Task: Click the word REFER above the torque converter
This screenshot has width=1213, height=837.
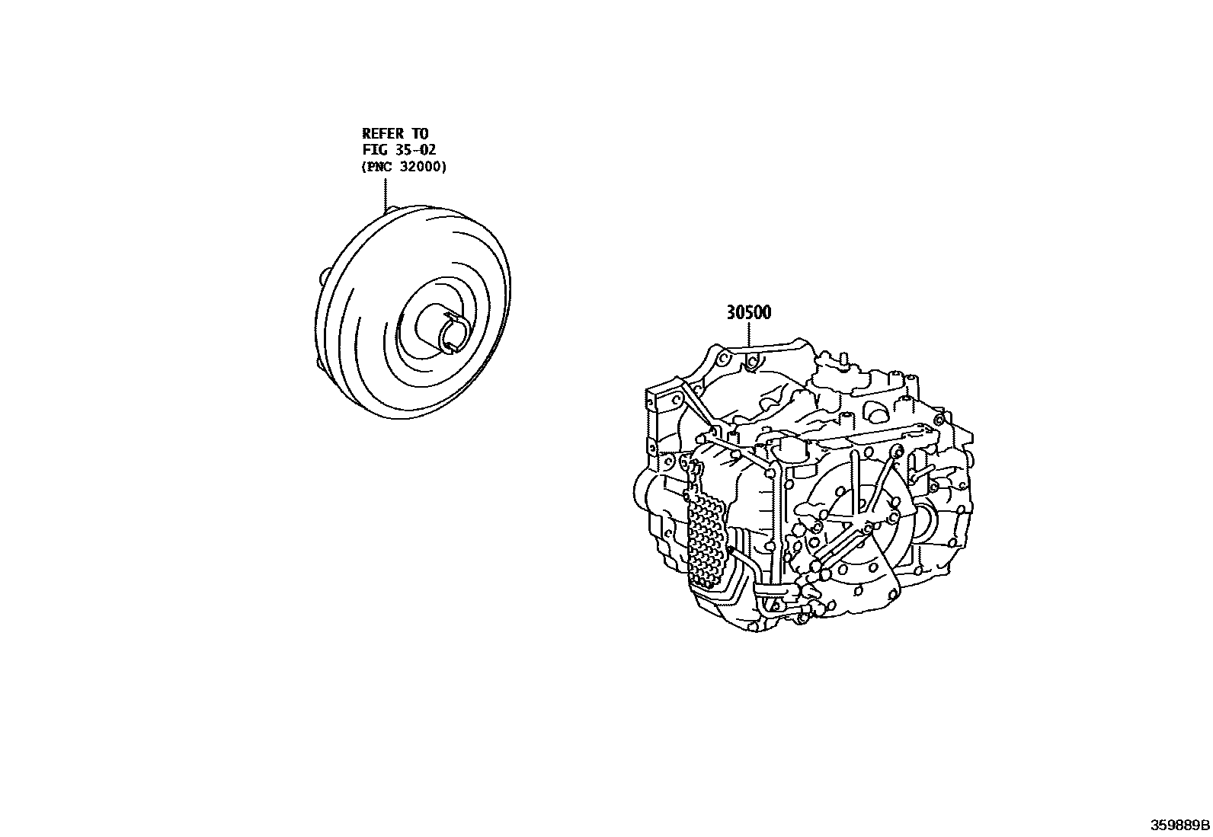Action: point(382,133)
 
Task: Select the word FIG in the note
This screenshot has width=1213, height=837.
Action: point(375,149)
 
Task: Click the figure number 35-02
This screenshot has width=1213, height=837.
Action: point(416,149)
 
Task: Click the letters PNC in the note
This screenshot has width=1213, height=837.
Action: point(379,167)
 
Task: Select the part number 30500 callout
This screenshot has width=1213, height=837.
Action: point(749,312)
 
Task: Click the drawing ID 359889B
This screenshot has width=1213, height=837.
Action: point(1180,825)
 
